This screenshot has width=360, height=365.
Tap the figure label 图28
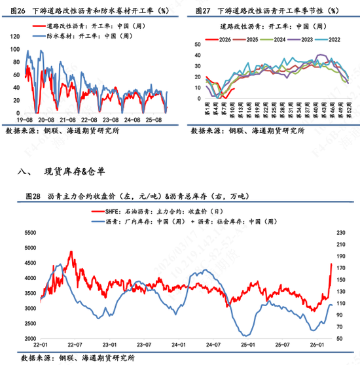coord(33,196)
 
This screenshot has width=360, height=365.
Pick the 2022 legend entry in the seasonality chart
coord(340,39)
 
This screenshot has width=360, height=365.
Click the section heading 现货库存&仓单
coord(74,172)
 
